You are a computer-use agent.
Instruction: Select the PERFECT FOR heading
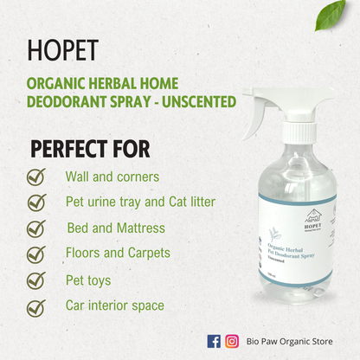coord(90,149)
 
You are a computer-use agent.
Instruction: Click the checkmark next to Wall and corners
coord(36,177)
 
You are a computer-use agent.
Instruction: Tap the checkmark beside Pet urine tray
coord(36,202)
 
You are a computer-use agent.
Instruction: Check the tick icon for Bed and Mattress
coord(36,228)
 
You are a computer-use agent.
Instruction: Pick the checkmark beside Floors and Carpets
coord(36,254)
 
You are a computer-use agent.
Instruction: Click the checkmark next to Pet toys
coord(36,281)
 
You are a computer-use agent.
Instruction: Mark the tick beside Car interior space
coord(36,307)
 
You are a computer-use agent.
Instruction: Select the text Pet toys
coord(88,281)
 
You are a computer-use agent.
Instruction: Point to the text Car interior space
coord(114,306)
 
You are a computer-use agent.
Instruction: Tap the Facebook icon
coord(215,341)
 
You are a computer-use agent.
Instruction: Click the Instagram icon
coord(232,341)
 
